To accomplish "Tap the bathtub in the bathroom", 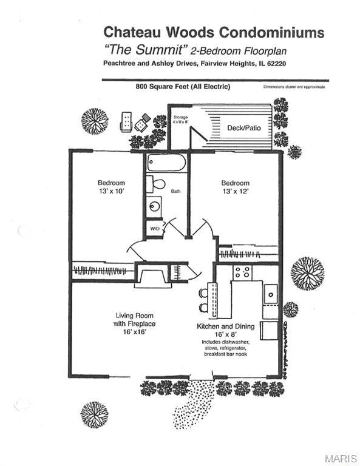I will click(x=166, y=163).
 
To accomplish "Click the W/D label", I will click(x=154, y=229).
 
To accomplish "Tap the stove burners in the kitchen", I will click(x=243, y=272).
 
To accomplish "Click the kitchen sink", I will click(x=270, y=294).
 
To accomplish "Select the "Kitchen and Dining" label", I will click(x=225, y=326).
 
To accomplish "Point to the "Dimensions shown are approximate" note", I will click(x=294, y=87).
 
